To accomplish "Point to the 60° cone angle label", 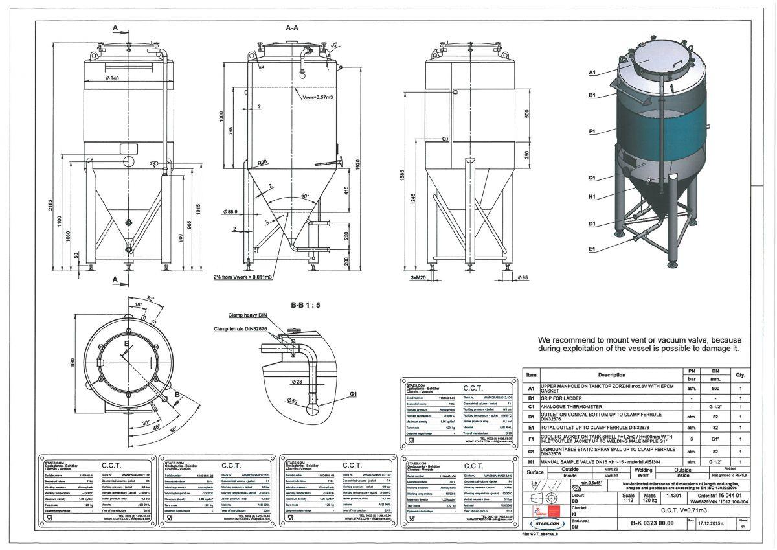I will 305,194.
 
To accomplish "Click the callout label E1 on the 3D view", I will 592,249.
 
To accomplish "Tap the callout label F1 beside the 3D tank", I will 592,132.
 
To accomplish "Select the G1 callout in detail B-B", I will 353,394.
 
